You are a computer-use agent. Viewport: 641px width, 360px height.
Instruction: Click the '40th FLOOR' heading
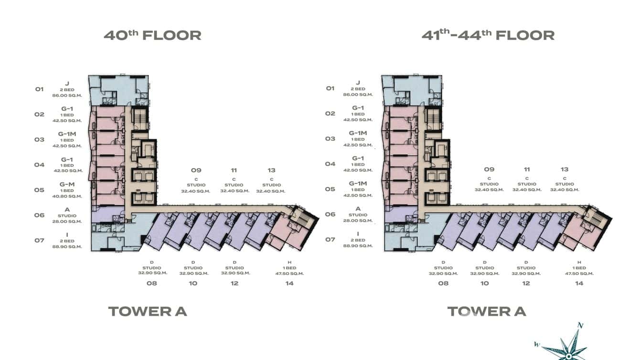152,35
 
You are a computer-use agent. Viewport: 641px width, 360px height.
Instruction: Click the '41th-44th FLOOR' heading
488,35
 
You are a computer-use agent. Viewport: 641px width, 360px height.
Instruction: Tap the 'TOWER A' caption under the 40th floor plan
148,311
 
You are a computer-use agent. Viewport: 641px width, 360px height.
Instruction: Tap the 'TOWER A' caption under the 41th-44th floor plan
486,311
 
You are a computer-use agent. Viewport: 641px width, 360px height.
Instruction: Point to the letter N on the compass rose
580,326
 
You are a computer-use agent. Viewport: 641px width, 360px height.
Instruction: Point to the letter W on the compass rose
537,344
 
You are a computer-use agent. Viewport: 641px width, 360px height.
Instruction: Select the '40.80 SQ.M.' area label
67,196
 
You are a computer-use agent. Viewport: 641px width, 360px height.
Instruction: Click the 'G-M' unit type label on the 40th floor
67,184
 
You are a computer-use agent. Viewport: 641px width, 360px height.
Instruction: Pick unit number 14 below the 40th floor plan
289,283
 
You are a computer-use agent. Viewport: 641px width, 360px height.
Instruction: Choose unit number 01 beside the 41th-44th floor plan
330,88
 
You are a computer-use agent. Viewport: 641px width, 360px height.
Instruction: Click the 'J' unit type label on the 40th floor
67,83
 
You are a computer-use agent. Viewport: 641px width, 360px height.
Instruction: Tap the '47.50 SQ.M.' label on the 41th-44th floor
579,274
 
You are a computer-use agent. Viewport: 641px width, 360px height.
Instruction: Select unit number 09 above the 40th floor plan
196,170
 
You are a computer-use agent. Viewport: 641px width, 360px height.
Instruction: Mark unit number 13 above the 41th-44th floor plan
565,169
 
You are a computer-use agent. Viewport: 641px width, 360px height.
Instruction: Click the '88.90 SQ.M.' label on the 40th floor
67,247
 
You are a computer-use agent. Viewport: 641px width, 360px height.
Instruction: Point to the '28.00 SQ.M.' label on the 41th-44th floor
358,221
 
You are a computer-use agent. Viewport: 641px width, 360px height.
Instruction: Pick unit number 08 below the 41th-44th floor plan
443,283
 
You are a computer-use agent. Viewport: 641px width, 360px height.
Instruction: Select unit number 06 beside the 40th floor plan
39,215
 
